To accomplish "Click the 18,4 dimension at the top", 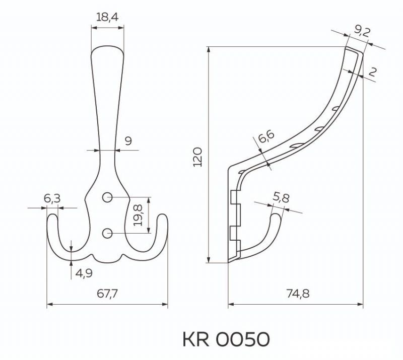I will pyautogui.click(x=107, y=17).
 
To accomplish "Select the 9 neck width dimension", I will pyautogui.click(x=128, y=141).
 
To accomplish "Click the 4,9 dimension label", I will pyautogui.click(x=83, y=273).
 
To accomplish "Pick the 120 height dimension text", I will pyautogui.click(x=198, y=157).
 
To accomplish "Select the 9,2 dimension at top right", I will pyautogui.click(x=362, y=31).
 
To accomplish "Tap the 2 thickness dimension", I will pyautogui.click(x=372, y=73).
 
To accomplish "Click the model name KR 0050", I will pyautogui.click(x=226, y=339).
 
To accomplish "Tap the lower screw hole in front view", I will pyautogui.click(x=107, y=233).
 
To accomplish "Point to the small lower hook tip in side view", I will pyautogui.click(x=277, y=215).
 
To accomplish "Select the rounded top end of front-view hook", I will pyautogui.click(x=107, y=47).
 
